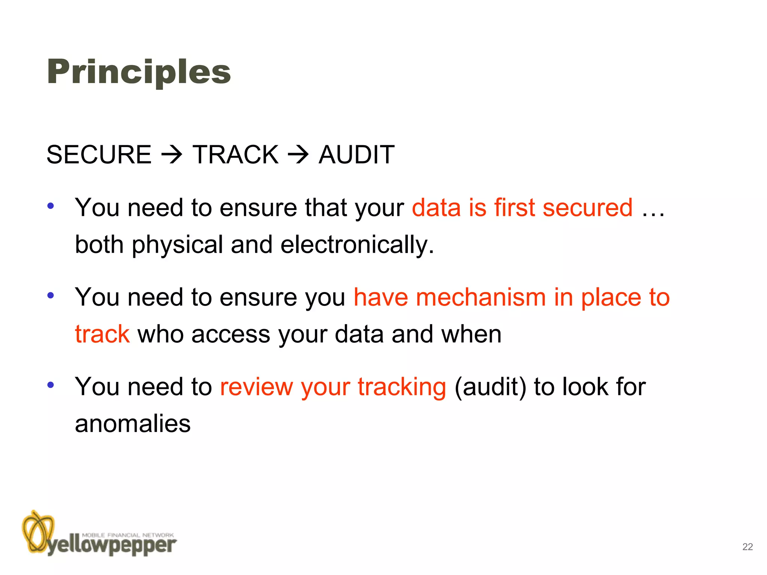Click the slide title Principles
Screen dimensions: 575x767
pyautogui.click(x=139, y=72)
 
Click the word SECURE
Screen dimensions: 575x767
pyautogui.click(x=99, y=155)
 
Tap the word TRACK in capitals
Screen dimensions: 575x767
pyautogui.click(x=236, y=155)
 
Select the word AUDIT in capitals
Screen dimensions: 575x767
pyautogui.click(x=357, y=155)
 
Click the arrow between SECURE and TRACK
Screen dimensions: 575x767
pyautogui.click(x=172, y=155)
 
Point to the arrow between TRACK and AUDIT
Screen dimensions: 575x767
pyautogui.click(x=298, y=155)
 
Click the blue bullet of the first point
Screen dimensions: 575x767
pyautogui.click(x=51, y=206)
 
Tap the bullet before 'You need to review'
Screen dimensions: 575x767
pyautogui.click(x=51, y=384)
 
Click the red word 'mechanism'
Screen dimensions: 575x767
pyautogui.click(x=481, y=297)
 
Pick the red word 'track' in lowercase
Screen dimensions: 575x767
pyautogui.click(x=102, y=334)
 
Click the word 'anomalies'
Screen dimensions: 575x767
pyautogui.click(x=133, y=424)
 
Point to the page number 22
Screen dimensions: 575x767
pyautogui.click(x=747, y=547)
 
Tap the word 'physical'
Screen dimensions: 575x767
pyautogui.click(x=178, y=245)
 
